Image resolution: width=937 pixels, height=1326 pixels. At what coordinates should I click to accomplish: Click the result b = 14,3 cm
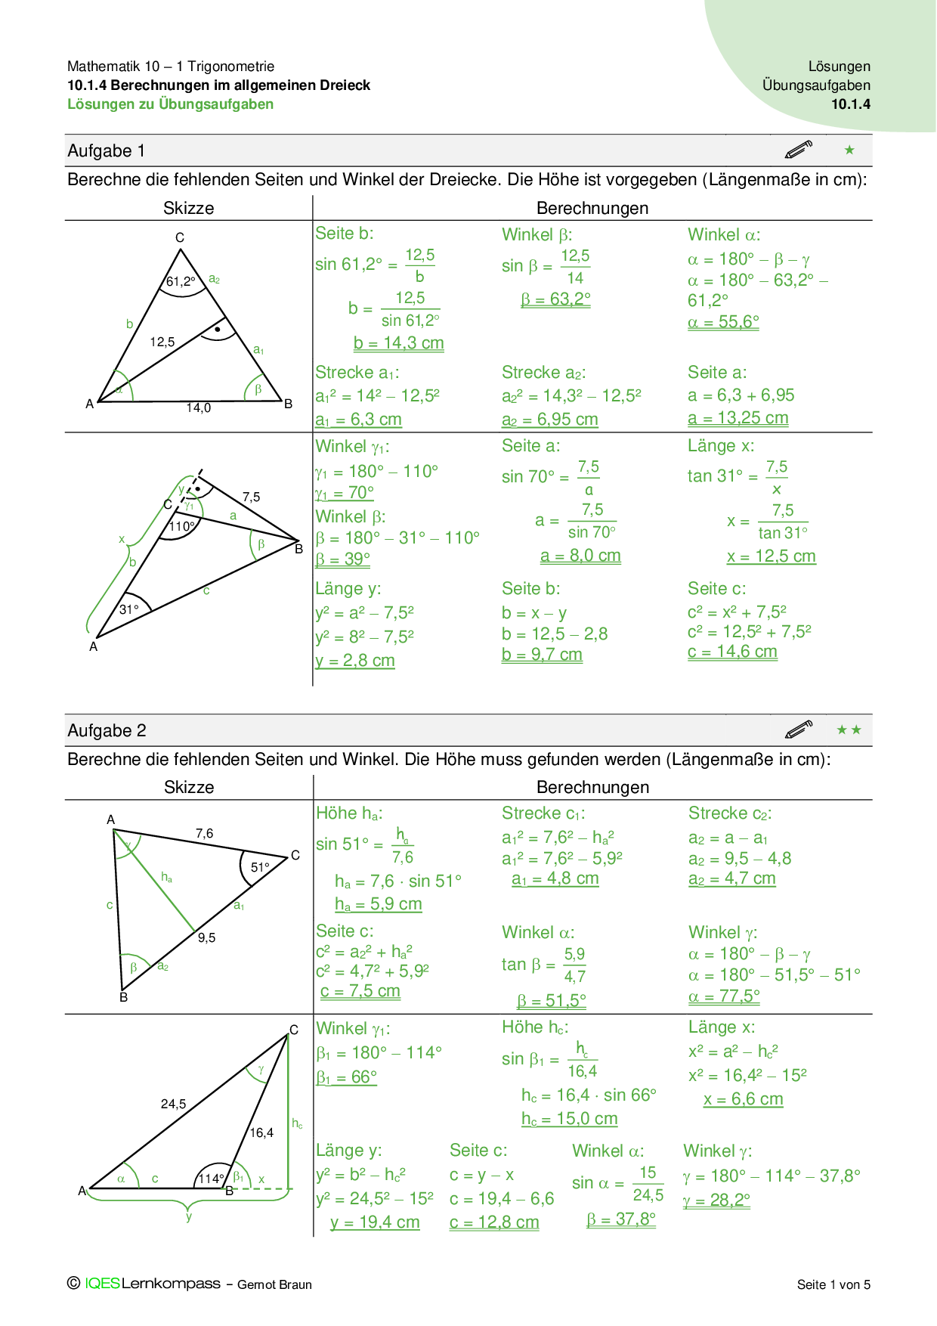pos(398,343)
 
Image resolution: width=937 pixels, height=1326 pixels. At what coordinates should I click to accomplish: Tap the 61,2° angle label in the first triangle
pos(181,282)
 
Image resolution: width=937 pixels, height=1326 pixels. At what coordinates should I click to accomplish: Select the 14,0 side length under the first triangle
pos(199,408)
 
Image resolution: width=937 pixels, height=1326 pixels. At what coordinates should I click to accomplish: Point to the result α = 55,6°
pos(723,322)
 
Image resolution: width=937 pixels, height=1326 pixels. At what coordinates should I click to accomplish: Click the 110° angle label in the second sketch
pos(181,526)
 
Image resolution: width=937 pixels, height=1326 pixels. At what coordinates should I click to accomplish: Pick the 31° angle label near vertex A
pos(129,609)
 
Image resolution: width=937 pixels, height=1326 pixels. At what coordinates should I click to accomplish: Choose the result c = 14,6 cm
pos(732,652)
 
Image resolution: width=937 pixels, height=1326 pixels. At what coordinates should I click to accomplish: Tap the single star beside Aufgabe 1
pos(849,150)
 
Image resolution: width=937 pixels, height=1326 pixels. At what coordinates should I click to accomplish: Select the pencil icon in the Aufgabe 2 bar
pos(799,730)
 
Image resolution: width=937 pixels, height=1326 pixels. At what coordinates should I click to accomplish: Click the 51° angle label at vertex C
pos(260,868)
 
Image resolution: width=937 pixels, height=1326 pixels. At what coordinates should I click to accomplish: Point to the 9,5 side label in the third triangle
pos(207,937)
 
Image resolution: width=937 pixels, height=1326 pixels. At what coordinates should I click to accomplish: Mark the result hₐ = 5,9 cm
pos(379,904)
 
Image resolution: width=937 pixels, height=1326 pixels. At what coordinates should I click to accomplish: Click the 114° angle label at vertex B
pos(211,1179)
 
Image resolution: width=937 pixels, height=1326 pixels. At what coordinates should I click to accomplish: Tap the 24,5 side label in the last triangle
pos(173,1104)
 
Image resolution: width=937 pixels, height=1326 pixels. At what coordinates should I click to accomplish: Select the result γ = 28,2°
pos(716,1201)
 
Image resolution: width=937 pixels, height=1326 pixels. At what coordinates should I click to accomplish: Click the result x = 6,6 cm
pos(743,1099)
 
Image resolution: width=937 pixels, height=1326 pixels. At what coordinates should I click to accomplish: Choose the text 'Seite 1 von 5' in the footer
pos(833,1284)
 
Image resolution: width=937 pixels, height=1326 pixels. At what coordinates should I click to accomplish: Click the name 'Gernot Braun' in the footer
pos(274,1284)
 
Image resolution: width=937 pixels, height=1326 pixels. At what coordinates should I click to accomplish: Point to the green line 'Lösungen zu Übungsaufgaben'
pos(171,104)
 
